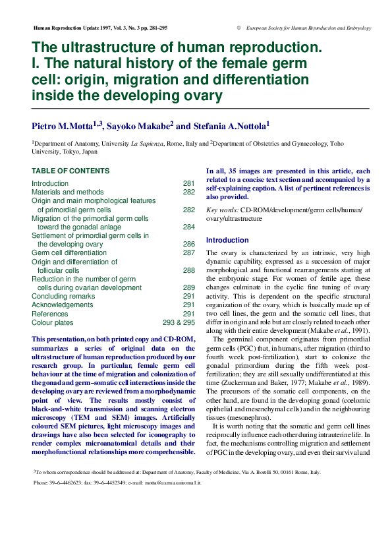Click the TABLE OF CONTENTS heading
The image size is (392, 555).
point(70,171)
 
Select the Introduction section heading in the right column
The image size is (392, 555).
point(227,240)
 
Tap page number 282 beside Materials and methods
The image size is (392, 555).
point(188,192)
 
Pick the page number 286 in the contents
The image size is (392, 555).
point(188,244)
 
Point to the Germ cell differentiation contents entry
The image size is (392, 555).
point(69,252)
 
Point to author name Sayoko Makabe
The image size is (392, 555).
point(141,126)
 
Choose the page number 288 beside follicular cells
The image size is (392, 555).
point(188,270)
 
